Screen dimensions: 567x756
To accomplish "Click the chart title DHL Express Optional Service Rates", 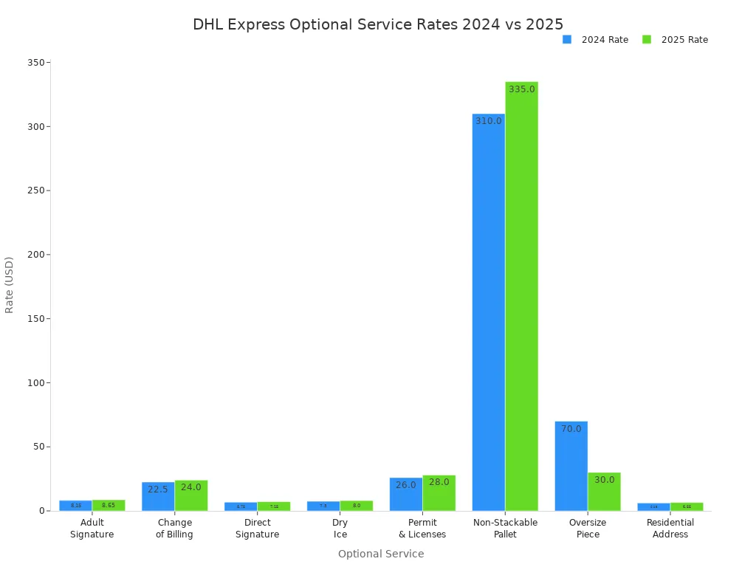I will point(377,24).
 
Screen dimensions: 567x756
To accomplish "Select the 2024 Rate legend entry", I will point(595,40).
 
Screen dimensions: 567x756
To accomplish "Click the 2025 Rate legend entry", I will point(675,40).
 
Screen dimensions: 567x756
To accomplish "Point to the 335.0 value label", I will point(521,89).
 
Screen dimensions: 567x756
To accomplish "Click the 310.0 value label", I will point(489,121).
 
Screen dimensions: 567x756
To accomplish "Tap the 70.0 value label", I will point(571,429).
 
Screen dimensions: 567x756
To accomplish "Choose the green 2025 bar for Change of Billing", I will point(191,496).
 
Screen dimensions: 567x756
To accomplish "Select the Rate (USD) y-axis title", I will point(10,285).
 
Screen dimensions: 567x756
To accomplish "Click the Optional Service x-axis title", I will point(381,554).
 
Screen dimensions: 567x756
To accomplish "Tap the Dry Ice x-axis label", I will point(340,529).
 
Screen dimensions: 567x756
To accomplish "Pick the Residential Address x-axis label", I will point(670,529).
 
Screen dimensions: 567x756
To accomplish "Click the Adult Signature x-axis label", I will point(92,529).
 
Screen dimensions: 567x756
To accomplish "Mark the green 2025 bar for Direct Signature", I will point(274,506).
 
